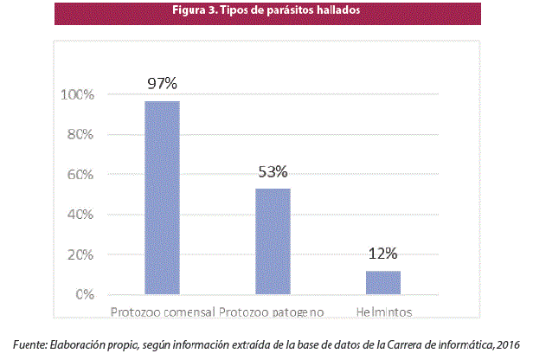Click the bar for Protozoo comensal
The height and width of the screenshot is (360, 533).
pyautogui.click(x=162, y=198)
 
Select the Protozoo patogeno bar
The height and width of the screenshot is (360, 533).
pyautogui.click(x=272, y=241)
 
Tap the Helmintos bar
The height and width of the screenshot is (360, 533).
pyautogui.click(x=382, y=283)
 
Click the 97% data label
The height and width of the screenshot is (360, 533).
pyautogui.click(x=162, y=84)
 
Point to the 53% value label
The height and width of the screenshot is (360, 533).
pyautogui.click(x=272, y=171)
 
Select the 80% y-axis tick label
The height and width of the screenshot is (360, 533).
pyautogui.click(x=79, y=135)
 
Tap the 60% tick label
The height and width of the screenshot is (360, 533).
pyautogui.click(x=79, y=175)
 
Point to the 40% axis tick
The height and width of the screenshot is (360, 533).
pyautogui.click(x=79, y=215)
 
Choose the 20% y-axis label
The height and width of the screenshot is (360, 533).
pyautogui.click(x=79, y=255)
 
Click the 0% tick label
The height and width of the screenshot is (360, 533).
pyautogui.click(x=83, y=295)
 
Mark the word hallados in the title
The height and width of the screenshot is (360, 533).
pyautogui.click(x=339, y=11)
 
